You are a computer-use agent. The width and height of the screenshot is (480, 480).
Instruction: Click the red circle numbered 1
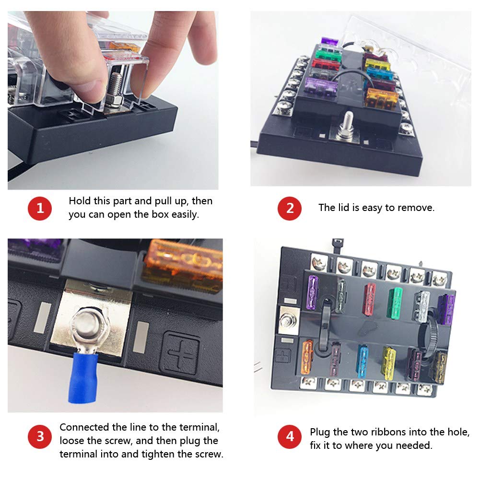(40, 209)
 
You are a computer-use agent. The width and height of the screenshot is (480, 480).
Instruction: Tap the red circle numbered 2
(290, 209)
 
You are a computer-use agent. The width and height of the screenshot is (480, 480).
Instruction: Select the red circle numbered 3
(40, 437)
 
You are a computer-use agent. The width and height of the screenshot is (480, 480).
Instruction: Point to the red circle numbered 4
(290, 437)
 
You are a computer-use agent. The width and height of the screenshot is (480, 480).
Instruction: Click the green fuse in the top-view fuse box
(396, 303)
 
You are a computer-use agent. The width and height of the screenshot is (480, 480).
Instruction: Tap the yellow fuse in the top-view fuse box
(389, 363)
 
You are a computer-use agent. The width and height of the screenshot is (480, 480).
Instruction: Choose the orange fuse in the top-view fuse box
(307, 357)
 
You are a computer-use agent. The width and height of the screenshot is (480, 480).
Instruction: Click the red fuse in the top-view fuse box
(370, 299)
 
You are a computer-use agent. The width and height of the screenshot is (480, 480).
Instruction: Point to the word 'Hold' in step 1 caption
(80, 201)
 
